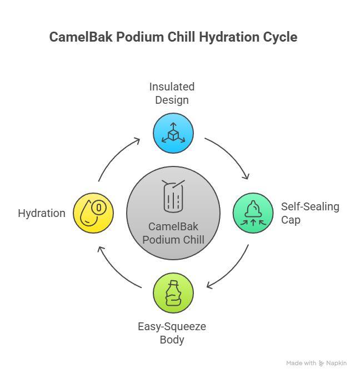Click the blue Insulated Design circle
pos(173,133)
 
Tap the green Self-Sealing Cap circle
pos(253,213)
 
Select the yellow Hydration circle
pos(93,213)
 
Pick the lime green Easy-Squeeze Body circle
pos(173,293)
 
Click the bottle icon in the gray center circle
pos(173,196)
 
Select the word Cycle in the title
pos(280,38)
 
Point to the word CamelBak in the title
pos(81,37)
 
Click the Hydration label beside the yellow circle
pos(42,214)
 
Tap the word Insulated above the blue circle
pos(172,87)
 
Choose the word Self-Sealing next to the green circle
pos(310,207)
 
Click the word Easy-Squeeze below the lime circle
pos(172,327)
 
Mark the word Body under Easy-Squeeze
pos(172,340)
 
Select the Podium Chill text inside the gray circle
pos(173,240)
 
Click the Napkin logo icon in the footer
pos(321,363)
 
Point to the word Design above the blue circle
pos(172,100)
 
